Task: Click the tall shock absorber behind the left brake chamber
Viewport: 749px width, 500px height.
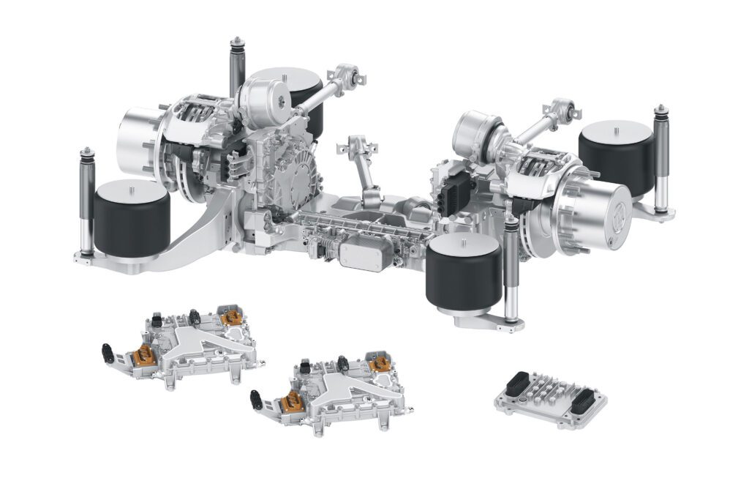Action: (x=237, y=67)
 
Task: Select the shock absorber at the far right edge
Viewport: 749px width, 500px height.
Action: (x=661, y=158)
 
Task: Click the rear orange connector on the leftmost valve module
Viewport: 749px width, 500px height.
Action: (x=232, y=317)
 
